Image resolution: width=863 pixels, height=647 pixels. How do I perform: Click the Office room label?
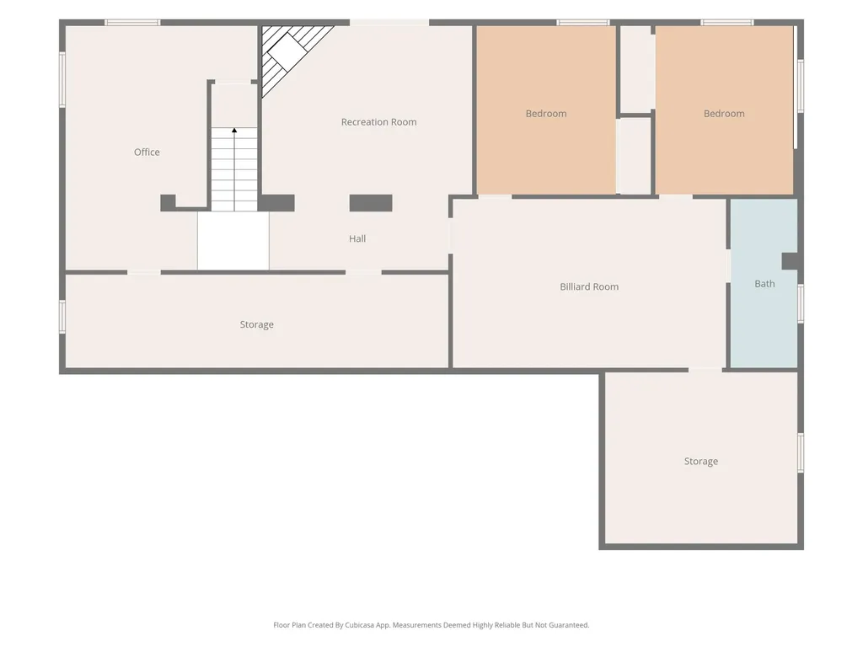click(147, 152)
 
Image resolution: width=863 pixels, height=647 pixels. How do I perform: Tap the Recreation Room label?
click(378, 122)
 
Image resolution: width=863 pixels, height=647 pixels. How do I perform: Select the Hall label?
click(357, 238)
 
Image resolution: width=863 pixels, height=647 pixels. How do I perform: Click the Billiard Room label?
click(589, 286)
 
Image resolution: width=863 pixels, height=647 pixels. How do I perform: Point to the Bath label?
click(764, 284)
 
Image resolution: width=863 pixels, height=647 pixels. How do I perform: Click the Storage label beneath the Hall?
click(256, 324)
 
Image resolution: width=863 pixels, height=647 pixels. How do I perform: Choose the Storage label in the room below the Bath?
click(700, 462)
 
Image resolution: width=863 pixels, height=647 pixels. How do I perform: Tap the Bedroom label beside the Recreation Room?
click(546, 114)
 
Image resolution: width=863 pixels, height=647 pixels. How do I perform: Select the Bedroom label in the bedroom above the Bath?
click(724, 114)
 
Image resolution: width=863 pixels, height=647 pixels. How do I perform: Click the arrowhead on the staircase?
click(234, 131)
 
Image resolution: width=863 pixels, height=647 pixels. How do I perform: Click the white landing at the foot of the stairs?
click(233, 241)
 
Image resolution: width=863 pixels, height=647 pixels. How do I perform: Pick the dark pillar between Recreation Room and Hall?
click(371, 203)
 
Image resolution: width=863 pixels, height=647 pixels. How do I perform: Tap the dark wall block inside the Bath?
click(790, 261)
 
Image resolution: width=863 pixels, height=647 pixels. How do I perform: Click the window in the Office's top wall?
click(132, 23)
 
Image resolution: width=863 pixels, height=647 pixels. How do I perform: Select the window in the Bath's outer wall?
click(801, 303)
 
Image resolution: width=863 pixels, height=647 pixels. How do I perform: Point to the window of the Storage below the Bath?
click(801, 452)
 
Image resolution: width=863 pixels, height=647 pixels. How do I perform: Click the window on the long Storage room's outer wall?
click(62, 317)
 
